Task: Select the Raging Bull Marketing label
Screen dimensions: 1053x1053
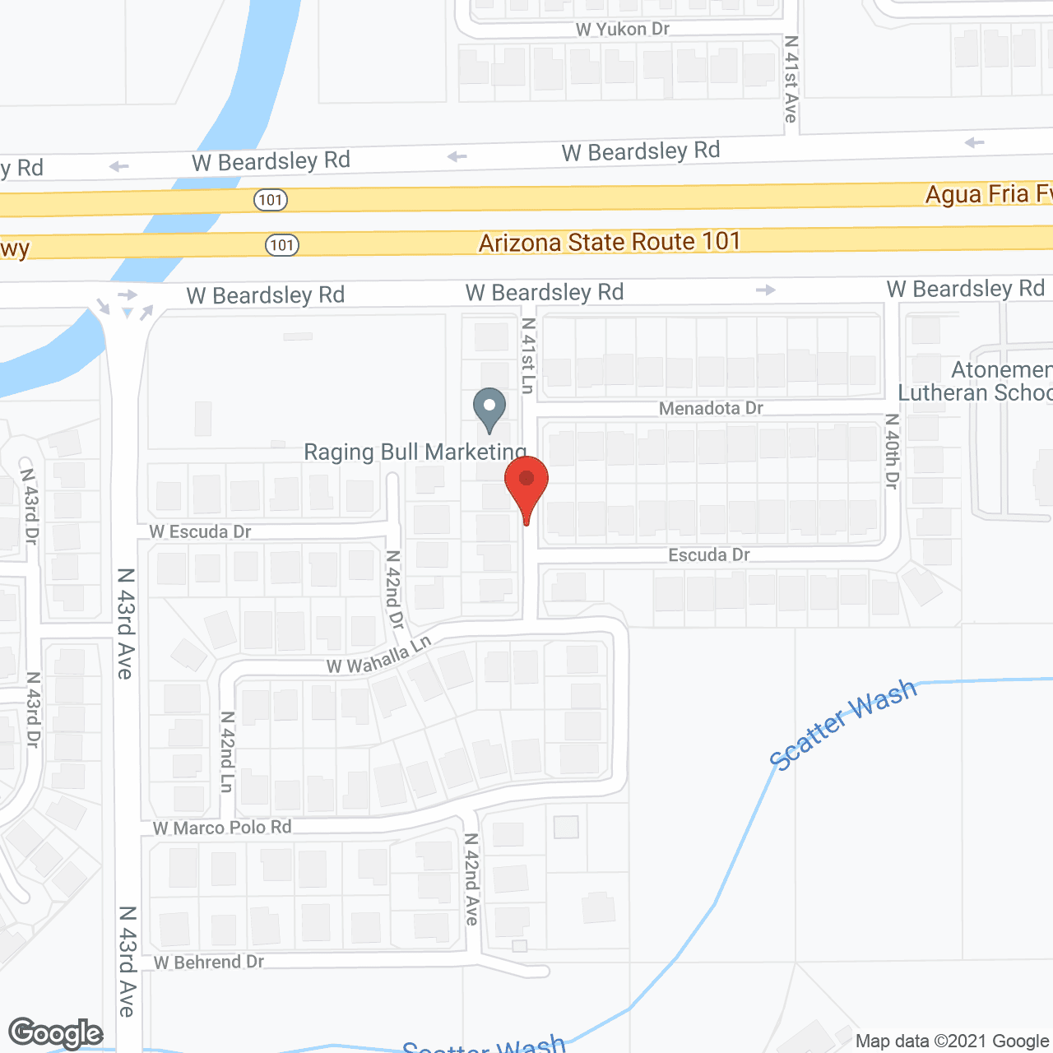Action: [415, 452]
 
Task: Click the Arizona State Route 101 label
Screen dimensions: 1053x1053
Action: [610, 242]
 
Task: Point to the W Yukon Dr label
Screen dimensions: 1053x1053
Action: [623, 30]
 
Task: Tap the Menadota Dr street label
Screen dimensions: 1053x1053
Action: [711, 408]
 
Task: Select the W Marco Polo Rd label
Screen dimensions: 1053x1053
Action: [223, 828]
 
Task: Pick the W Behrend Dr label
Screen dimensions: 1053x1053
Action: [209, 962]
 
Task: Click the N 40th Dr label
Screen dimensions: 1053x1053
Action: [892, 452]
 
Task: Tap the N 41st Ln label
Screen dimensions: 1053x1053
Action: [528, 355]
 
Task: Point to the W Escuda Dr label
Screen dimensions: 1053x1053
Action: [201, 531]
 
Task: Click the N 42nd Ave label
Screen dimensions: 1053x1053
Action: [471, 879]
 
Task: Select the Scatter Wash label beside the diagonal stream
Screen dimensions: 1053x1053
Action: [842, 723]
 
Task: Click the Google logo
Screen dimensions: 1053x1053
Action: [56, 1033]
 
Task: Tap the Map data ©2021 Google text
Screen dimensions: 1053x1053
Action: [953, 1041]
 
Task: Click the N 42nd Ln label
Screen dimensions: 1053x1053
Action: [228, 752]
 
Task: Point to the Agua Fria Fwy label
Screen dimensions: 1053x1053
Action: [988, 194]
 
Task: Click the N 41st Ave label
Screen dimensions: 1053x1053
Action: [791, 79]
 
